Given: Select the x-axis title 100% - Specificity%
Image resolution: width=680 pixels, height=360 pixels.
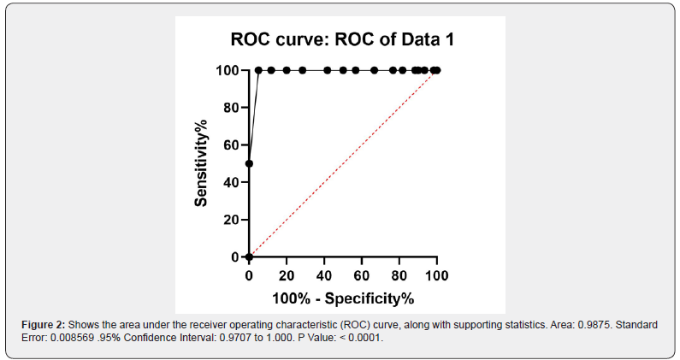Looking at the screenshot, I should point(342,298).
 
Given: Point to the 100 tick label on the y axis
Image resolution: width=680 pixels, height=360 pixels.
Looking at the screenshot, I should point(226,70).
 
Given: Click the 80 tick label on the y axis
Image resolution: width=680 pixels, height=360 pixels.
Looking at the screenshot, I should point(229,108).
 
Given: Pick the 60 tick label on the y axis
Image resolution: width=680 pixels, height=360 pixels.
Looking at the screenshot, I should point(229,145).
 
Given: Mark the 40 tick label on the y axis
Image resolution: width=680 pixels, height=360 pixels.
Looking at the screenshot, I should point(229,182).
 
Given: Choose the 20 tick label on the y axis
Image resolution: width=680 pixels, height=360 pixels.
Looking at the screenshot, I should point(229,220).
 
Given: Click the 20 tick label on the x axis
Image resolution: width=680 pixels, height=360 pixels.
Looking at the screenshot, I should point(287,275).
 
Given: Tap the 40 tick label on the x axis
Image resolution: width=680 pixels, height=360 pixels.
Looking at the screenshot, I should point(324,275).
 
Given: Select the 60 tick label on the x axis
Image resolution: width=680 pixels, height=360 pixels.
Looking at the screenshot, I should point(362,275).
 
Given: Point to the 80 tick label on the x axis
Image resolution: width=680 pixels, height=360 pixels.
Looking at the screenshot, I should point(399,275).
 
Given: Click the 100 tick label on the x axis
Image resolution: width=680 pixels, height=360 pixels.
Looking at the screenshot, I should point(437,275).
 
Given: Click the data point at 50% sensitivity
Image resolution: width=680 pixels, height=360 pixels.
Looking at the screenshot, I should point(249,163).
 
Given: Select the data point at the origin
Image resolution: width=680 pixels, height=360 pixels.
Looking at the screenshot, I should point(249,257).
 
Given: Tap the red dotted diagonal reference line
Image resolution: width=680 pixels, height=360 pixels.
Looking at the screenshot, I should point(342,163).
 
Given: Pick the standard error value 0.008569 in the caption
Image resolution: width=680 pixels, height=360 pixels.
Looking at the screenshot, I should point(71,339).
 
